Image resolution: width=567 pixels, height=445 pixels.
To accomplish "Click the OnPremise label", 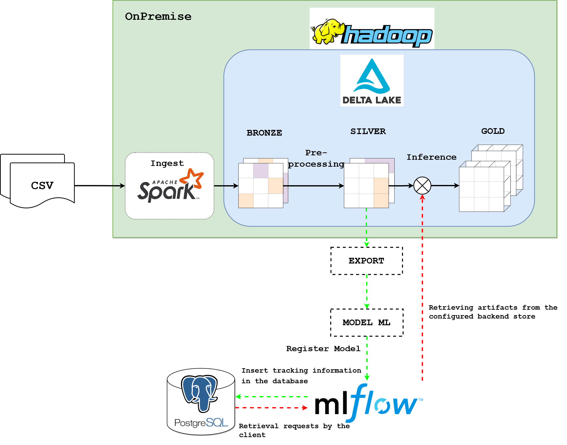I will tap(158, 16).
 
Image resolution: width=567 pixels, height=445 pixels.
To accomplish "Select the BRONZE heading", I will tap(264, 133).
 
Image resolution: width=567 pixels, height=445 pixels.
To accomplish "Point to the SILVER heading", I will tap(368, 131).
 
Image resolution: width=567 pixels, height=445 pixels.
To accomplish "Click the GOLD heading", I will tap(493, 131).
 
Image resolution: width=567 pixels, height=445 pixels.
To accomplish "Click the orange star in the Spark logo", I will tap(192, 179).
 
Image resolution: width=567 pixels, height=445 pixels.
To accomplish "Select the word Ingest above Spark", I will tap(167, 163).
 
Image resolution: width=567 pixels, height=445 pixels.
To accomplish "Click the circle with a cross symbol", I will tap(422, 185).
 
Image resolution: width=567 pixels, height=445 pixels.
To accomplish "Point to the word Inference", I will tap(431, 157).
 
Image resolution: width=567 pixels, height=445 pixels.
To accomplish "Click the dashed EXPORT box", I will tap(366, 261).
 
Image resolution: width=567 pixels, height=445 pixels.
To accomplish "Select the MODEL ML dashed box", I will tap(366, 323).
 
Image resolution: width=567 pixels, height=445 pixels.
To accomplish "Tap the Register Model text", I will tap(323, 349).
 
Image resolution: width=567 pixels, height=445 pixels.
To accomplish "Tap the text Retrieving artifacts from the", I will tap(493, 307).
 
